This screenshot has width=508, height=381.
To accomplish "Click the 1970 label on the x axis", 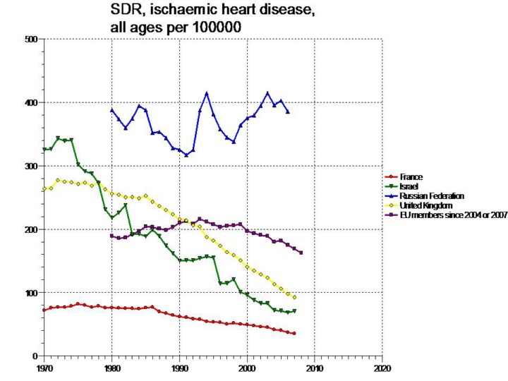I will (x=44, y=368).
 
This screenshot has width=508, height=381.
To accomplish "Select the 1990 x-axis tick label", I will (x=179, y=368).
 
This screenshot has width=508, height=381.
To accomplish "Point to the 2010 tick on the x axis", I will (x=315, y=368).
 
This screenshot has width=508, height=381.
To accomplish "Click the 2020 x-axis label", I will (x=382, y=368).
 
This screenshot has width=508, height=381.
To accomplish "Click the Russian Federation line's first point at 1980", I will (x=111, y=110).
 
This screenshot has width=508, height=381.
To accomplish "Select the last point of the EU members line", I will (x=301, y=253).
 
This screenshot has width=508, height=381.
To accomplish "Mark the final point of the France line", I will (x=294, y=333).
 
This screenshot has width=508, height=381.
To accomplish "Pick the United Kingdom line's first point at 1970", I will (x=44, y=188).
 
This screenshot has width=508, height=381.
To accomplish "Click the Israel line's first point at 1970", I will (x=44, y=150).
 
